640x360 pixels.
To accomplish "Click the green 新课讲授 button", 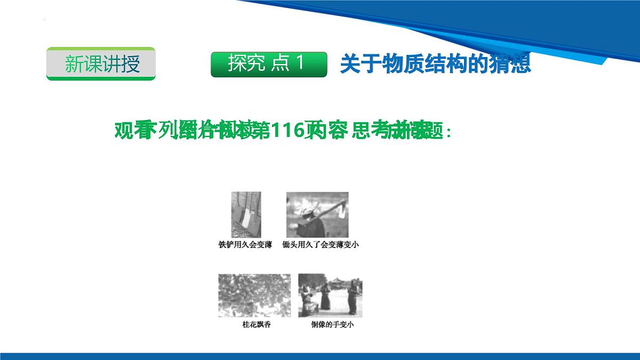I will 101,63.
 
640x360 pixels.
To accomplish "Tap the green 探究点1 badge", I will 268,64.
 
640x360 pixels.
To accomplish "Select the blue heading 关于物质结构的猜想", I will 435,64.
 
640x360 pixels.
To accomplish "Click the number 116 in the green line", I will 287,131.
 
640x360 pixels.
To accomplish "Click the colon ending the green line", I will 449,132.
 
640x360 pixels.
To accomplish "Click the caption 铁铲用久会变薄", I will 245,245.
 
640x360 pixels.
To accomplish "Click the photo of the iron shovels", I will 246,214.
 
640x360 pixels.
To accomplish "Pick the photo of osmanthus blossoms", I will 254,295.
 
